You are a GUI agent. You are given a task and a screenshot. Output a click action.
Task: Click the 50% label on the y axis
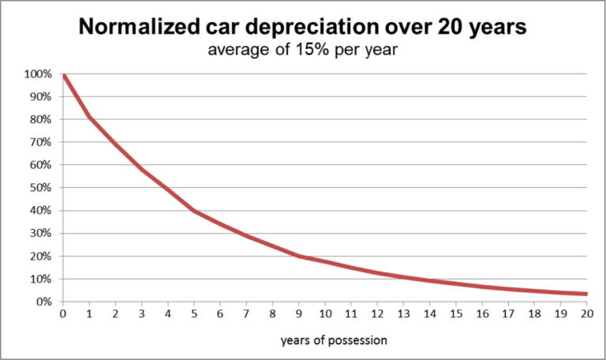point(41,188)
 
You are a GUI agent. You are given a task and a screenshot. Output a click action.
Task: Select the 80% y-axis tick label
point(41,120)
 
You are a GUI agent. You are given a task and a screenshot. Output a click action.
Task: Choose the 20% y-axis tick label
point(41,257)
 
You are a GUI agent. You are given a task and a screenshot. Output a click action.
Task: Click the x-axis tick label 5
point(194,314)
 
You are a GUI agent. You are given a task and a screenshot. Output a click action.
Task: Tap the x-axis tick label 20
point(586,314)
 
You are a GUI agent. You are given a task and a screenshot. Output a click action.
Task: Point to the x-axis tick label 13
point(403,314)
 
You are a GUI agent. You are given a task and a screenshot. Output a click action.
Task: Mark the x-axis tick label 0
point(63,314)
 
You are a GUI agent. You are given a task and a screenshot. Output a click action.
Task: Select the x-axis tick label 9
point(298,314)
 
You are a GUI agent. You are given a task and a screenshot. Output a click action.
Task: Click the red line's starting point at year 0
point(63,75)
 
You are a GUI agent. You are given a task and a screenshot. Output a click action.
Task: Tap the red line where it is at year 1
point(89,118)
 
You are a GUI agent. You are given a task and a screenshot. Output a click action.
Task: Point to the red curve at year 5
point(194,211)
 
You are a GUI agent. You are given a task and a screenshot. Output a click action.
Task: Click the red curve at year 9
point(298,256)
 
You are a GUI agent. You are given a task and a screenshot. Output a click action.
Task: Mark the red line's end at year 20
point(585,294)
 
